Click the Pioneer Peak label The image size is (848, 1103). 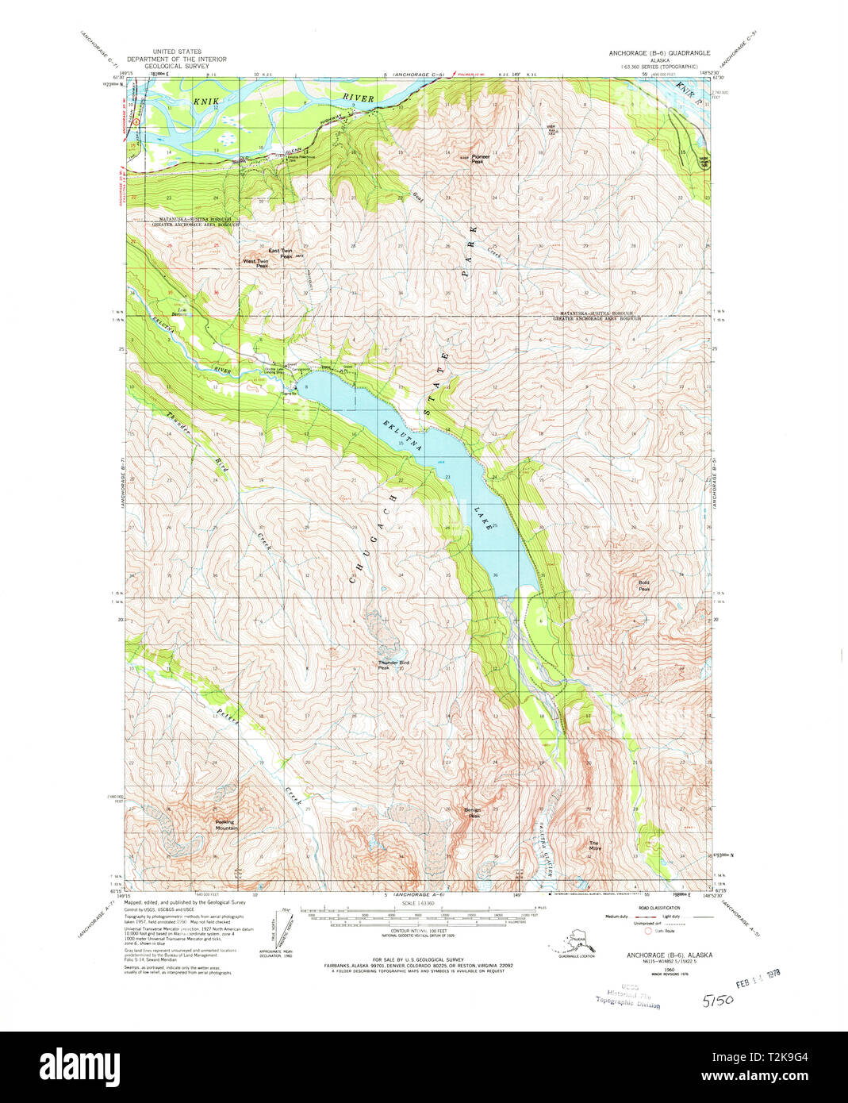[x=481, y=158]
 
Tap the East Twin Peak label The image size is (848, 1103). [x=280, y=253]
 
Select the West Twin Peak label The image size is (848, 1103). [x=255, y=263]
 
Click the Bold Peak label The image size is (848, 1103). [x=644, y=586]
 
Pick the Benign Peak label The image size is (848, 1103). [x=474, y=813]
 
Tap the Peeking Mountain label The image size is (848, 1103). [x=226, y=825]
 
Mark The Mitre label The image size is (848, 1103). [x=595, y=846]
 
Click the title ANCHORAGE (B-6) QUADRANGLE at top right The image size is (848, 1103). [x=659, y=53]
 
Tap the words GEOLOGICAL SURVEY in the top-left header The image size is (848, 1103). [x=176, y=67]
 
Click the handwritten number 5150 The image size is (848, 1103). [x=717, y=1000]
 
